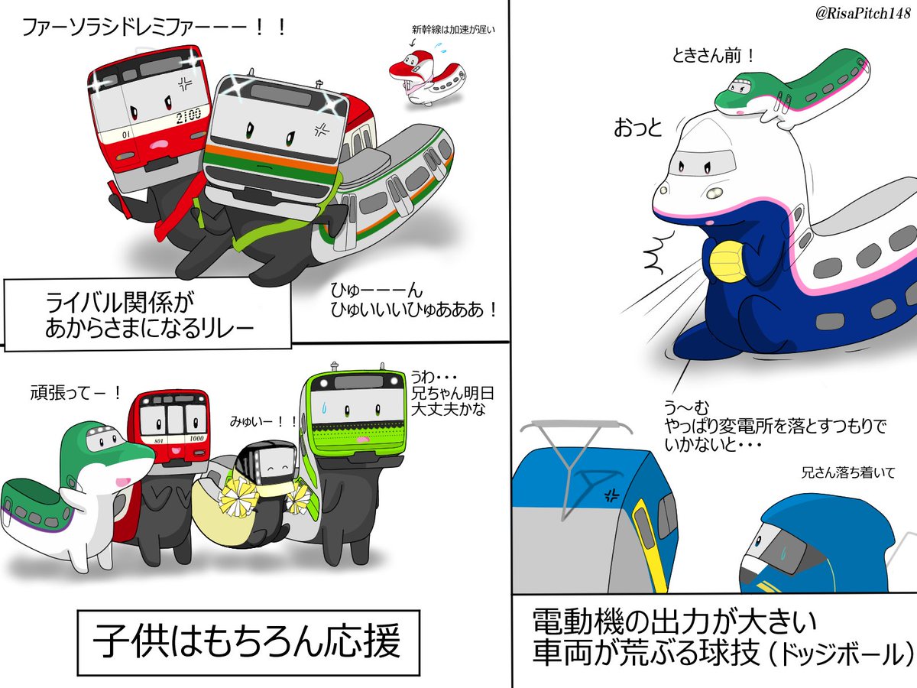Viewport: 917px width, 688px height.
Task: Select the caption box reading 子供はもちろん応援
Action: pos(248,641)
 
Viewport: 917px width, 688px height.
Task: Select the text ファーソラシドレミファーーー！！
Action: pos(154,28)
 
